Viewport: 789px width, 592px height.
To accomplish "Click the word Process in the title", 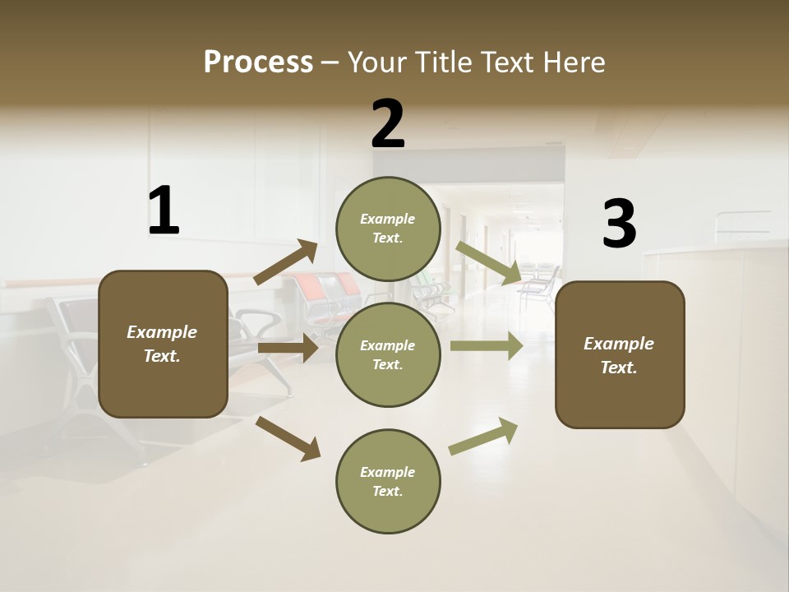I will pyautogui.click(x=258, y=62).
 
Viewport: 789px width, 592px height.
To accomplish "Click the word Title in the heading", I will pyautogui.click(x=445, y=62).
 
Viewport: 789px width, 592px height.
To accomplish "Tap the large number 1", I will pyautogui.click(x=164, y=211).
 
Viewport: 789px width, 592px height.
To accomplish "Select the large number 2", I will pyautogui.click(x=388, y=125).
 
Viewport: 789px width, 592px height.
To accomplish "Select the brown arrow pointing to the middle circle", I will pyautogui.click(x=288, y=348).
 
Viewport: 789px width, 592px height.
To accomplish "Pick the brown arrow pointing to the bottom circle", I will pyautogui.click(x=288, y=438).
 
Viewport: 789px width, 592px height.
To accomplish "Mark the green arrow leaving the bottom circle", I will pyautogui.click(x=483, y=437).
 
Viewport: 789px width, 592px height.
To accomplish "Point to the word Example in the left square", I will pyautogui.click(x=162, y=332).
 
